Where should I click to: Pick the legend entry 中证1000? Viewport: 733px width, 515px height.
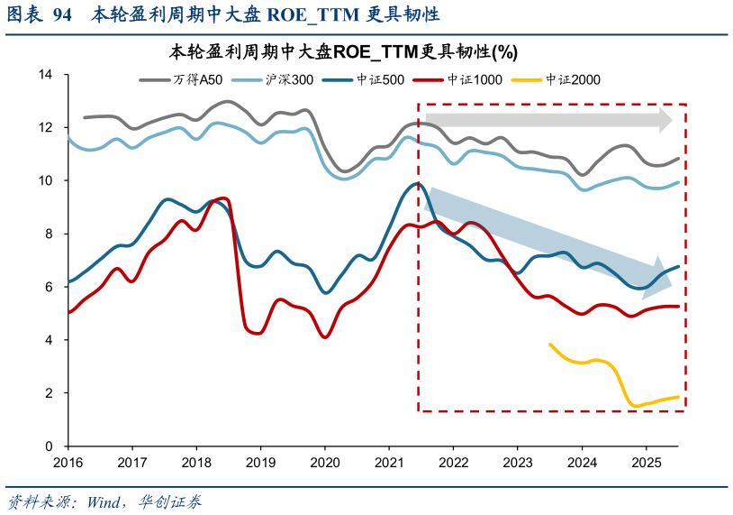[475, 80]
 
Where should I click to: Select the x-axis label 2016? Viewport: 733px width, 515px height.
[68, 462]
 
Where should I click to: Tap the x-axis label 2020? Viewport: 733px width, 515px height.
[324, 462]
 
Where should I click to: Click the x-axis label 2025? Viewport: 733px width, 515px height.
[646, 462]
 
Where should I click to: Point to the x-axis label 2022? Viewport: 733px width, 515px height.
[453, 462]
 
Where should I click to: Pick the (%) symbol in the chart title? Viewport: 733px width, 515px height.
[506, 51]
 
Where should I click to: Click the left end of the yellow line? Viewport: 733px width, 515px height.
[550, 344]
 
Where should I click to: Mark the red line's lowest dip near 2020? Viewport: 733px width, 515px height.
[325, 337]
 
